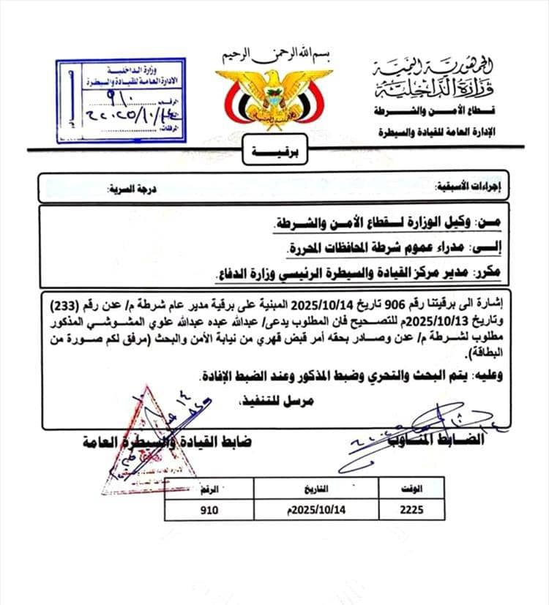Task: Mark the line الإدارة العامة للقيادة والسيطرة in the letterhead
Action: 447,132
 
